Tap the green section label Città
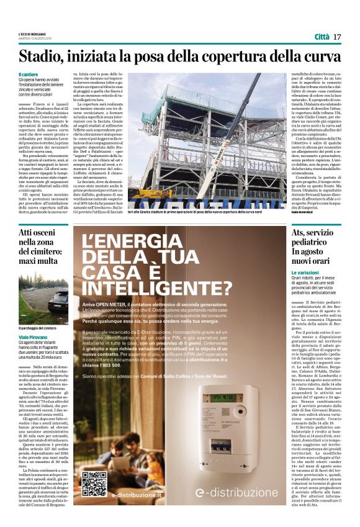click(x=322, y=37)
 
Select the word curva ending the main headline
click(x=322, y=57)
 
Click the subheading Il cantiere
click(x=29, y=74)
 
